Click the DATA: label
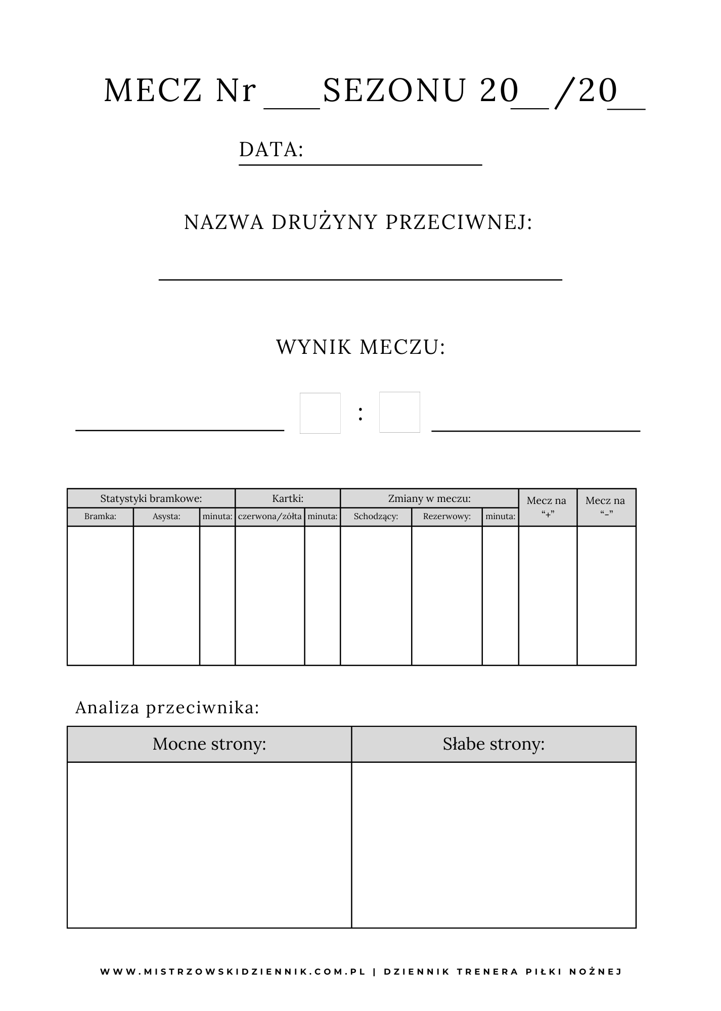point(271,150)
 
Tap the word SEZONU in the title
point(394,91)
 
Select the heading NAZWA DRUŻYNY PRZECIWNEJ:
point(358,222)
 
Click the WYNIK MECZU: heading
point(360,347)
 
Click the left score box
point(320,413)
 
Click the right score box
point(399,412)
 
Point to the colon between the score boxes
point(360,414)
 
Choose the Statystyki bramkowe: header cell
point(151,498)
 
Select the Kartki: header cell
point(288,498)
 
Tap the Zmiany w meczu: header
point(429,498)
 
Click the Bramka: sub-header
point(100,517)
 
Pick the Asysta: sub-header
point(166,517)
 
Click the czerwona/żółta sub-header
point(270,517)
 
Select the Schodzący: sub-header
point(376,517)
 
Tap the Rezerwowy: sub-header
point(447,517)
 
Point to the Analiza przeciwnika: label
point(167,708)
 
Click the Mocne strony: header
point(209,744)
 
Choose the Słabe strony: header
point(493,744)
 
